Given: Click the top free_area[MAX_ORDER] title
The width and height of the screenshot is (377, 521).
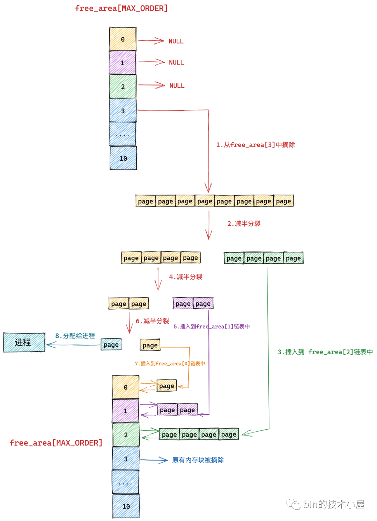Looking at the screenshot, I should [x=121, y=8].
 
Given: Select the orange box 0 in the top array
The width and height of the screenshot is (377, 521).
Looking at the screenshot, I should [x=123, y=39].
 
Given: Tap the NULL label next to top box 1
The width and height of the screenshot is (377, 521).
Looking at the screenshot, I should [x=176, y=63].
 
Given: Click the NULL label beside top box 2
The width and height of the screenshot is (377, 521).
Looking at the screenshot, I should [x=177, y=86].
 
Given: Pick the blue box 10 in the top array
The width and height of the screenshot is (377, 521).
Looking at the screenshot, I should [x=123, y=158].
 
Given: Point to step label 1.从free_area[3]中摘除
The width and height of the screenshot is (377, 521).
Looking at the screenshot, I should [x=255, y=145].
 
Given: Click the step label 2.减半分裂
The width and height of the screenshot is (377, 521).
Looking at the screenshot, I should [x=244, y=224].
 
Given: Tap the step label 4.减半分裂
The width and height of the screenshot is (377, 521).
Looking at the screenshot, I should [x=186, y=277].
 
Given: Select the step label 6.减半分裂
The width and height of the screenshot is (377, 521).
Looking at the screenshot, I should [x=152, y=321].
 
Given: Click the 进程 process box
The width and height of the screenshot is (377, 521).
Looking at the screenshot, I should [x=24, y=342].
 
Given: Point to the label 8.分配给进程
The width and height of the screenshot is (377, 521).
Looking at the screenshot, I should [x=75, y=336].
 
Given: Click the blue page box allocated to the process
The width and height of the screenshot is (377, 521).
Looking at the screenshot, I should [x=111, y=345].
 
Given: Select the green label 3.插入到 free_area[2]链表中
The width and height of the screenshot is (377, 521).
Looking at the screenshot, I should [x=325, y=352].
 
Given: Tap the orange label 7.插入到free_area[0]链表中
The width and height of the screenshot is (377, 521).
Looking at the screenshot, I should [x=170, y=363].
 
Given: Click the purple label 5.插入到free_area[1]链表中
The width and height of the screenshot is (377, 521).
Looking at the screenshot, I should [x=212, y=326].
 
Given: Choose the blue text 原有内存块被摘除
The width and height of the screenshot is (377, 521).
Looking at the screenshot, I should [x=198, y=460].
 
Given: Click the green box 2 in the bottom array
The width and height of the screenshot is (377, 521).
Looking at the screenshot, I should [x=126, y=435].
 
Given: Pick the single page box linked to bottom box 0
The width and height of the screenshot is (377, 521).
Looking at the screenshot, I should [x=167, y=386].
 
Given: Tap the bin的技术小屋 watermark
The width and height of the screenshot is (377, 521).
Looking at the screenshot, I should [x=334, y=504].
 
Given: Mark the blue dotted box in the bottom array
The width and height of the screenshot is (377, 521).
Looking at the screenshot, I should [x=125, y=482].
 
